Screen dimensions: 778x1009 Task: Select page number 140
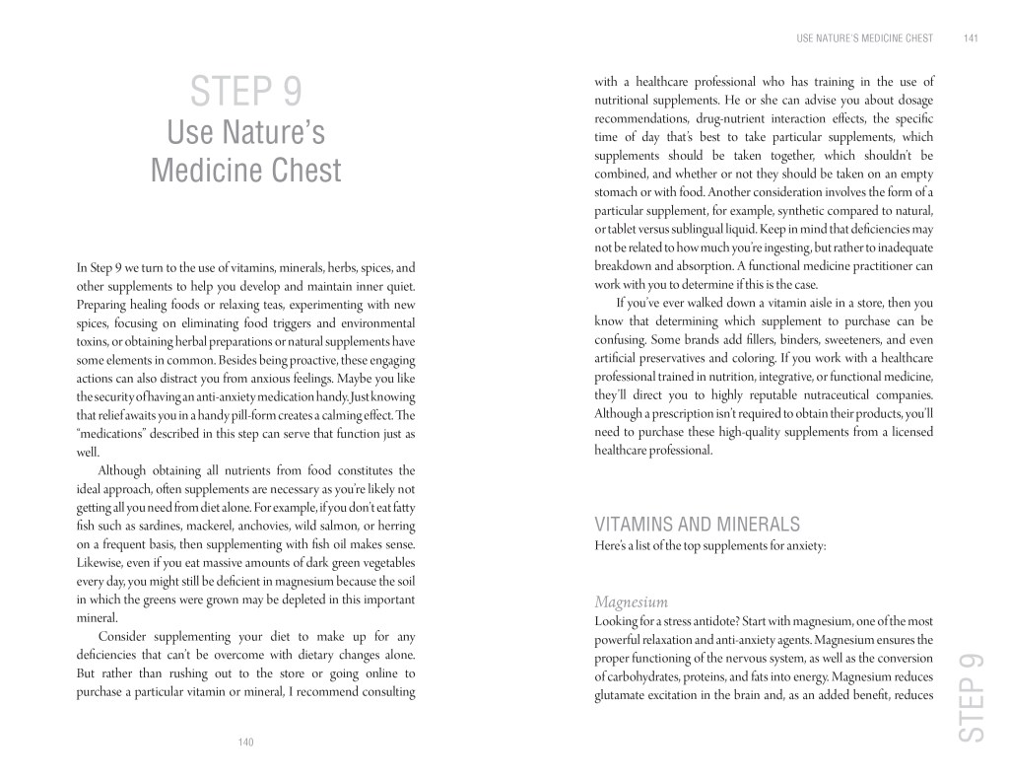(x=245, y=742)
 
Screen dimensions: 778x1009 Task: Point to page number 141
(x=971, y=39)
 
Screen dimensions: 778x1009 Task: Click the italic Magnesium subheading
(x=632, y=601)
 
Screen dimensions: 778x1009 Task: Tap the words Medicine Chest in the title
(x=245, y=170)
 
